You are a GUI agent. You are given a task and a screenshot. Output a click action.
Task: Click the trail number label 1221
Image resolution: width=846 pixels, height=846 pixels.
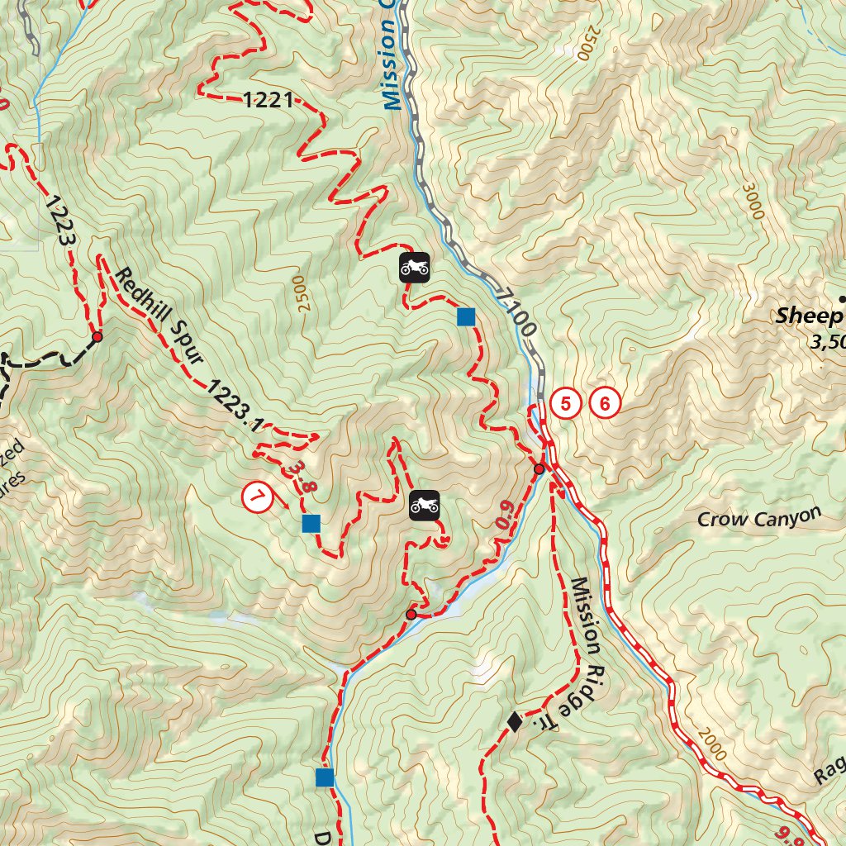(269, 101)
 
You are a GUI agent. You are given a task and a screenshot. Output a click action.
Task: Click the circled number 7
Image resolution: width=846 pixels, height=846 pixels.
(257, 497)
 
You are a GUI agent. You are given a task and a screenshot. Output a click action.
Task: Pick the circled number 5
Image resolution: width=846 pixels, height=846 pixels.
(566, 404)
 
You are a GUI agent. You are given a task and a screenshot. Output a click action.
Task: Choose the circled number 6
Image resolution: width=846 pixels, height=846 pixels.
(605, 404)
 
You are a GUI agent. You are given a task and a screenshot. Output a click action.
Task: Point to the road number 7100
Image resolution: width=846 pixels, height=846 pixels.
(518, 311)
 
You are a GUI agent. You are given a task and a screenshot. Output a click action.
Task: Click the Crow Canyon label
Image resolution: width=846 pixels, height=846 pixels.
(759, 517)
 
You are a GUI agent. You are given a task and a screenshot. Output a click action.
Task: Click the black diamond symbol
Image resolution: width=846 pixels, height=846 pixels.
(514, 722)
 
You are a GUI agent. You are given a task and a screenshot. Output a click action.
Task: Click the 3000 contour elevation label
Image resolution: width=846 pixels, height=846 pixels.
(753, 202)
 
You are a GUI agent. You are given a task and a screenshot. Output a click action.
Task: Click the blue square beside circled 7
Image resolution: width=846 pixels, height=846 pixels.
(311, 523)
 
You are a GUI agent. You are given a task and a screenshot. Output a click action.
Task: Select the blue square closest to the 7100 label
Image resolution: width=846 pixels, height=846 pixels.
(466, 316)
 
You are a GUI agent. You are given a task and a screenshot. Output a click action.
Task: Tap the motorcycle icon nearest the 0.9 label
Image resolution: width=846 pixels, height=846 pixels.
(424, 506)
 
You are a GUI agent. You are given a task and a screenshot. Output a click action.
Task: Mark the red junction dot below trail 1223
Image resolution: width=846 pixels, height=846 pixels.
(97, 337)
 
